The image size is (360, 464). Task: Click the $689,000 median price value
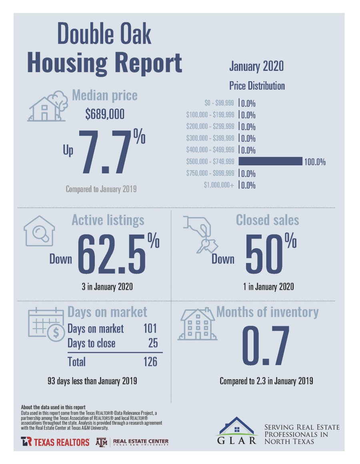[104, 115]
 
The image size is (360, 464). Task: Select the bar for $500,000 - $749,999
[270, 162]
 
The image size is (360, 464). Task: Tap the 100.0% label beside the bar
[315, 162]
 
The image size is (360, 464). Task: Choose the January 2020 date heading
[256, 66]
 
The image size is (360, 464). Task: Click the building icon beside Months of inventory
[196, 325]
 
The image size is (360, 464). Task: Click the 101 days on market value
[150, 329]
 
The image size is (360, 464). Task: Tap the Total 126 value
[150, 362]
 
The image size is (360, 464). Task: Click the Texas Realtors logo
[55, 442]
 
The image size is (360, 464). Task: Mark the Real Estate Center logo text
[141, 442]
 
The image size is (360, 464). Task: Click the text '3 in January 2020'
[106, 287]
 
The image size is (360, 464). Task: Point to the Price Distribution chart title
[257, 86]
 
